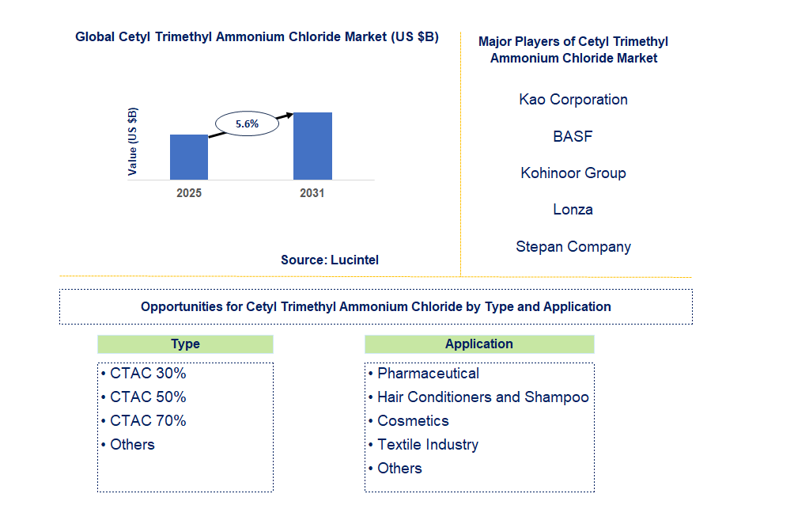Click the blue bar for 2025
pos(189,157)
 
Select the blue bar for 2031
pos(312,146)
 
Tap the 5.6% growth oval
pos(248,123)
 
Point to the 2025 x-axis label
pos(189,193)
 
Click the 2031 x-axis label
pos(312,193)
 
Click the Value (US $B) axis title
pos(133,141)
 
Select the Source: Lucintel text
pos(330,260)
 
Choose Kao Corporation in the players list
pos(573,100)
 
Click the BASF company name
pos(573,136)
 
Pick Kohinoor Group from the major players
pos(573,173)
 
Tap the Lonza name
pos(573,210)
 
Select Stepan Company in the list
pos(573,246)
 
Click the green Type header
pos(185,344)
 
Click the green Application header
pos(478,344)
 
